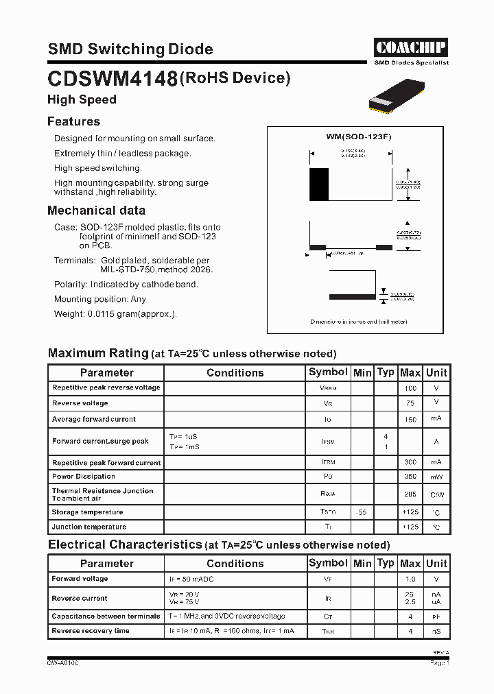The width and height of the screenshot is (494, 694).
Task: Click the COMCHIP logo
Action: coord(410,47)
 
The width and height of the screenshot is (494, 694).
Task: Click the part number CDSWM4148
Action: coord(113,80)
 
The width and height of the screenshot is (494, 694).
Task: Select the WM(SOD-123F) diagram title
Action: coord(359,136)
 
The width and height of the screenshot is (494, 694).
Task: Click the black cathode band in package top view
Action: coord(320,183)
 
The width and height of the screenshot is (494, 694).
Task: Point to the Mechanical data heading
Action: coord(96,211)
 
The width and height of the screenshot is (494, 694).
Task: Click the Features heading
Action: coord(73,121)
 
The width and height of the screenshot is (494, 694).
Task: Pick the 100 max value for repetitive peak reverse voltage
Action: coord(410,388)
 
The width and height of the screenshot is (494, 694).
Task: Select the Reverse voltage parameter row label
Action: coord(80,403)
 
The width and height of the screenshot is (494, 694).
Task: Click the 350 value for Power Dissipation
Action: coord(410,477)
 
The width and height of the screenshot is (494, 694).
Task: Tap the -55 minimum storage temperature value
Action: coord(362,512)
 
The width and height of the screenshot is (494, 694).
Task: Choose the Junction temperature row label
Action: coord(89,527)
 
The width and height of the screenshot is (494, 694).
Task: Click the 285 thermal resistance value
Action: coord(410,494)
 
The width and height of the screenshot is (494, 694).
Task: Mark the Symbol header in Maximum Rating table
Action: coord(328,372)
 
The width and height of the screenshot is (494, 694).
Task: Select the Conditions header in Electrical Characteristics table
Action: coord(235,563)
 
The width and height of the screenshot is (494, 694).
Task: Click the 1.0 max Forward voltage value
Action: coord(410,579)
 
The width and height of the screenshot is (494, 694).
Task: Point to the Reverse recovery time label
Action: coord(91,631)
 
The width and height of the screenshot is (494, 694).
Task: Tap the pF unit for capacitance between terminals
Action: coord(436,617)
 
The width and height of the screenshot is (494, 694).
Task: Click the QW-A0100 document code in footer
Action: coord(62,663)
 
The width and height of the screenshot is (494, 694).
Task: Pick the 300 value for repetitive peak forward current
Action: coord(410,463)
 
